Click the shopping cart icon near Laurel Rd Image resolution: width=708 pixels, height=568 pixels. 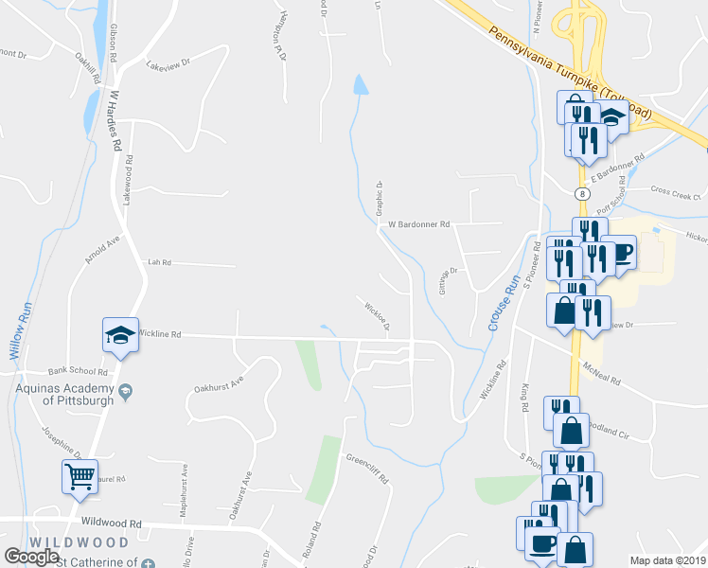80,475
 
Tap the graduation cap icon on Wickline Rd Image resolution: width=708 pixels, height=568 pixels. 120,334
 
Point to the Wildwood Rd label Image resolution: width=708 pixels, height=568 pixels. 111,523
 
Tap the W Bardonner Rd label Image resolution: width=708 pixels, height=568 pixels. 419,225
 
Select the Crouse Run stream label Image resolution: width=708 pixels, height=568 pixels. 505,304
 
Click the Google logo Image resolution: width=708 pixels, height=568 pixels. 32,557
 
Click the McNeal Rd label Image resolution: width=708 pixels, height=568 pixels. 601,375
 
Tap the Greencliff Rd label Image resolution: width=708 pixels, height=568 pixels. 367,470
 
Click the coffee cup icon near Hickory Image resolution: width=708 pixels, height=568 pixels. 622,253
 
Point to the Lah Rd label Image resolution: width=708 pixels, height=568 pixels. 158,262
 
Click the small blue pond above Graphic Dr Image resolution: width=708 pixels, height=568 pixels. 360,85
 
